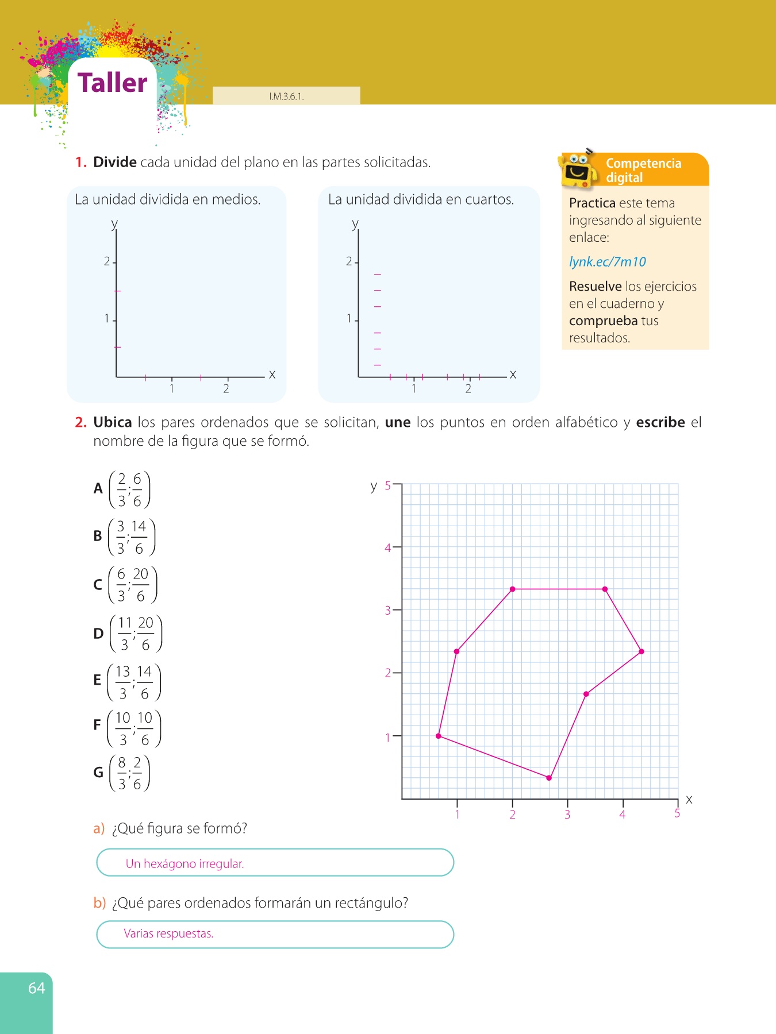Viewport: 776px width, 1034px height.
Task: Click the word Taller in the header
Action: [113, 83]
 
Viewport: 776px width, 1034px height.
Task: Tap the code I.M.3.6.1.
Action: [286, 97]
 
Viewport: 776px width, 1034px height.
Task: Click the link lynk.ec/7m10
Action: [607, 262]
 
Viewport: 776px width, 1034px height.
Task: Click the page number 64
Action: [36, 988]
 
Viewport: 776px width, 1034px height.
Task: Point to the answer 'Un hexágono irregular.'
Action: [185, 863]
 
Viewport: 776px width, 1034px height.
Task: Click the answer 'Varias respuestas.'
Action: [168, 933]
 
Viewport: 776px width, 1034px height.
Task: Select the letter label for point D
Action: [98, 634]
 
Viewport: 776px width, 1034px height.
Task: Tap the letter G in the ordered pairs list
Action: [98, 773]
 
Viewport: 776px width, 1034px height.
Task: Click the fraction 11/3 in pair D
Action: [125, 634]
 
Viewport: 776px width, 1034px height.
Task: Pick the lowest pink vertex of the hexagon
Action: [549, 778]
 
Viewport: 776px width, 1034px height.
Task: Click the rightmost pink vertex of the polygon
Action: [641, 651]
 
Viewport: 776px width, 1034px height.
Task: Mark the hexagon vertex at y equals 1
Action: [439, 736]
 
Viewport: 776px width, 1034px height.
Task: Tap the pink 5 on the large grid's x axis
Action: [677, 813]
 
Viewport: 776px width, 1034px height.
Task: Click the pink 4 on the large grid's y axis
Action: [387, 548]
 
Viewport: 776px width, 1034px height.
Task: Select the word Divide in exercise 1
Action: [115, 163]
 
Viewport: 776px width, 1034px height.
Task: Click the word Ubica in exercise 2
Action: [113, 422]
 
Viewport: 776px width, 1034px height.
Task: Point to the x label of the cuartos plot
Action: [513, 375]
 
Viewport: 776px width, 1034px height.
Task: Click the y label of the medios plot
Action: [114, 223]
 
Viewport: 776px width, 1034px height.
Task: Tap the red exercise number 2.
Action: [80, 422]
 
